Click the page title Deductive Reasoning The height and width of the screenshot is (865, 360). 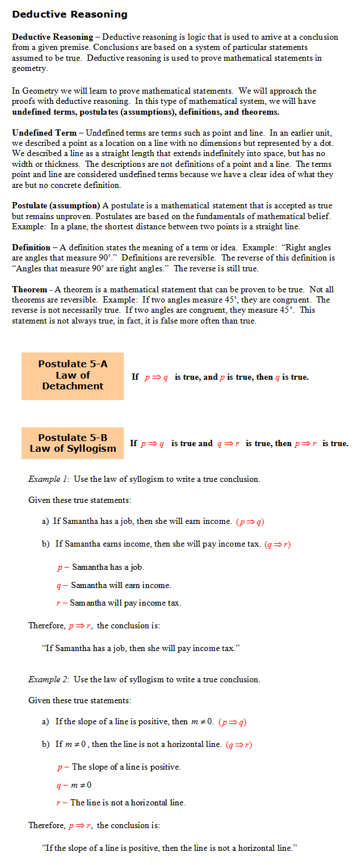70,14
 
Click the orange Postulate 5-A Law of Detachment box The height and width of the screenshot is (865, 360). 73,376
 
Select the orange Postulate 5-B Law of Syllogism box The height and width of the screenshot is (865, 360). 73,443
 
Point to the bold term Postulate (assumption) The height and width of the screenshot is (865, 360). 56,205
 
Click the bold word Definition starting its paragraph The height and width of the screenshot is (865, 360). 31,247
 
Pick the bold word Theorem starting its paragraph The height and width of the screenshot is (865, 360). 30,289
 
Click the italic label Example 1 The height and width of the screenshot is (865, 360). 48,479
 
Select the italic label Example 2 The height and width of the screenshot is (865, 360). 48,679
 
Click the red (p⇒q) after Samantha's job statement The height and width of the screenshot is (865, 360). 250,522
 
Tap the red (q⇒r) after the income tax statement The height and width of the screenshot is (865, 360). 278,544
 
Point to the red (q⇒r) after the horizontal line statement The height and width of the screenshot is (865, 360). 238,745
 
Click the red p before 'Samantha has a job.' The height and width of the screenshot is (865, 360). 59,568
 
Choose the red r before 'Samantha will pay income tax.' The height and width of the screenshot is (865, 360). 58,603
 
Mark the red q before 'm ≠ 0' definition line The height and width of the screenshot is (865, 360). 58,786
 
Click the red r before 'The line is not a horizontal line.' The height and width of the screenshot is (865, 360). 58,803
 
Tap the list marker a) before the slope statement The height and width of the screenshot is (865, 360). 45,722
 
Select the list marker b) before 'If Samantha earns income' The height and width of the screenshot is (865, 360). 45,544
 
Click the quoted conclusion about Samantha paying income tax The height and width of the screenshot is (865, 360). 141,648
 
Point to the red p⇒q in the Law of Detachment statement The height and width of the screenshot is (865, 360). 156,377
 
